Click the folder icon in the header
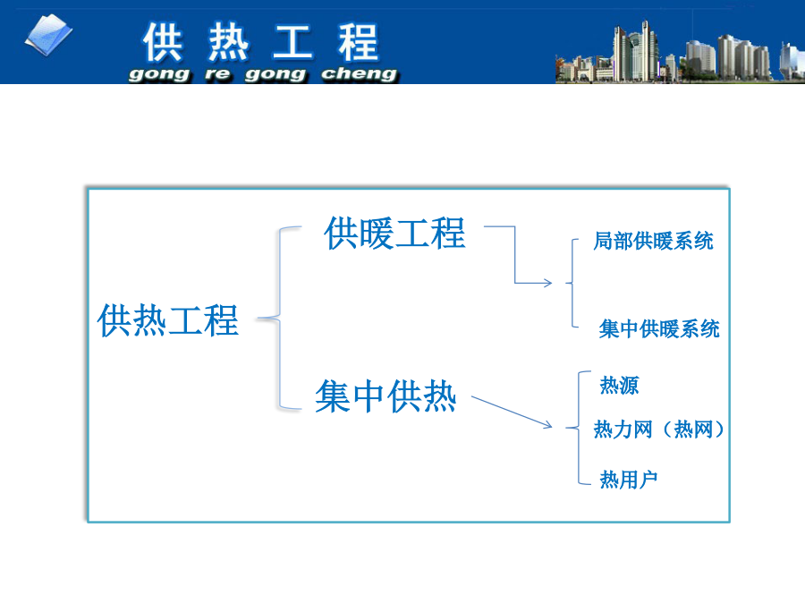pyautogui.click(x=49, y=35)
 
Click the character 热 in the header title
pyautogui.click(x=228, y=42)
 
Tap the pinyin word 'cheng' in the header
pyautogui.click(x=360, y=74)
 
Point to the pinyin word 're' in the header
pyautogui.click(x=217, y=74)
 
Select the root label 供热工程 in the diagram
pyautogui.click(x=168, y=320)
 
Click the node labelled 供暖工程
pyautogui.click(x=394, y=234)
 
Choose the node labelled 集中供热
pyautogui.click(x=386, y=396)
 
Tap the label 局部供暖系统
pyautogui.click(x=653, y=241)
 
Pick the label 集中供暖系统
pyautogui.click(x=659, y=328)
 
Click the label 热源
pyautogui.click(x=619, y=385)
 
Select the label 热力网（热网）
pyautogui.click(x=658, y=430)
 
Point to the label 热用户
pyautogui.click(x=629, y=480)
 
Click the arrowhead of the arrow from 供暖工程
pyautogui.click(x=549, y=283)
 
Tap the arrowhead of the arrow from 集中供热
pyautogui.click(x=548, y=424)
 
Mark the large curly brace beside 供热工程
pyautogui.click(x=280, y=319)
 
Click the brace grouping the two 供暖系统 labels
pyautogui.click(x=572, y=283)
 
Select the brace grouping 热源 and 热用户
pyautogui.click(x=579, y=428)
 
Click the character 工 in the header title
pyautogui.click(x=292, y=42)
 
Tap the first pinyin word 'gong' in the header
pyautogui.click(x=159, y=75)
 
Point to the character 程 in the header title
pyautogui.click(x=358, y=42)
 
